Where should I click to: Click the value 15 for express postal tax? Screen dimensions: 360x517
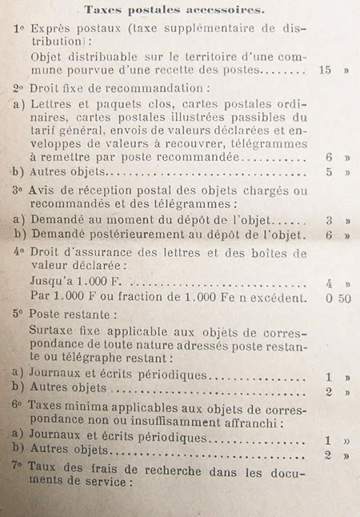325,70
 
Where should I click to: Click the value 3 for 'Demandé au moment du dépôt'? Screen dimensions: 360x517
328,220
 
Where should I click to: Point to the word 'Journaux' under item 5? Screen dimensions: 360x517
57,375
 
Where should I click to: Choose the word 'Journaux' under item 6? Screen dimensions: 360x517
57,439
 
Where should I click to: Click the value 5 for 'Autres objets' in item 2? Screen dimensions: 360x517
328,171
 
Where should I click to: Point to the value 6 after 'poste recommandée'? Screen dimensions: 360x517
328,157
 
